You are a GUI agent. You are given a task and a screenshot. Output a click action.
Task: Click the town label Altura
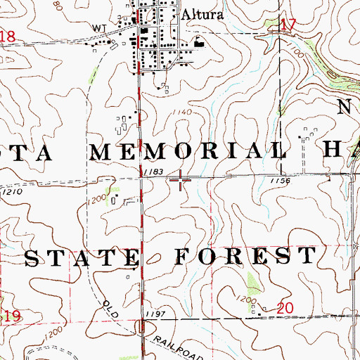click(x=198, y=13)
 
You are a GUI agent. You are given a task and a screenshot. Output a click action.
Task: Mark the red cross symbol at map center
click(x=181, y=182)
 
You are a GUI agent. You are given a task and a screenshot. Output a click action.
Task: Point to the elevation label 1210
click(x=11, y=191)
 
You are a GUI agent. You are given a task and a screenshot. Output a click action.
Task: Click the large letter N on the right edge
click(x=344, y=108)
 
